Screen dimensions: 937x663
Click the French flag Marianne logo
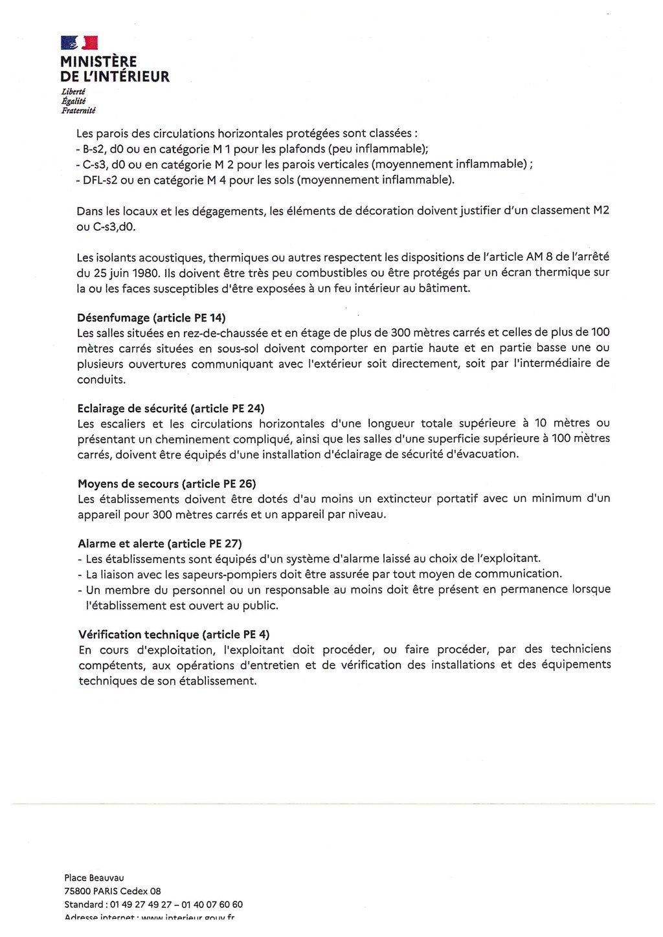coord(79,43)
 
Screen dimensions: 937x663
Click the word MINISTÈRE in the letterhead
coord(98,62)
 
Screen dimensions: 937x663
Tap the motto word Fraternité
coord(78,111)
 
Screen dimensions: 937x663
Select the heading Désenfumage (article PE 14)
coord(151,318)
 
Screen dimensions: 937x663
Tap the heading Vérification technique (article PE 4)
coord(174,634)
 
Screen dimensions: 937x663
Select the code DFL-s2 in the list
coord(100,180)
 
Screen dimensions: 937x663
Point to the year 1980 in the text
coord(145,272)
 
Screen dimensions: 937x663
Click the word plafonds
coord(300,149)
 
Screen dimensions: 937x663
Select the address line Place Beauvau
coord(94,878)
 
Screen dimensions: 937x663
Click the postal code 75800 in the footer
coord(76,891)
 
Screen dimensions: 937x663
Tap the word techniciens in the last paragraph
coord(580,649)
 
